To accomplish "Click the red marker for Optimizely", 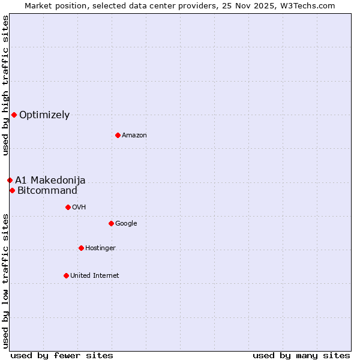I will coord(14,115).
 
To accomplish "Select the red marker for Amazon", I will coord(118,135).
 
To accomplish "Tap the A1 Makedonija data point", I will coord(10,180).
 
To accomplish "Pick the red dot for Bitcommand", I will coord(12,190).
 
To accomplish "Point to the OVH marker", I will coord(68,207).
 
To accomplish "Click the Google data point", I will coord(111,223).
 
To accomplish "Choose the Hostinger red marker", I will coord(81,248).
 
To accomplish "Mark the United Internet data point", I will coord(66,275).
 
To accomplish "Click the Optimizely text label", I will coord(44,115).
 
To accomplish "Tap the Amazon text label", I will coord(134,136).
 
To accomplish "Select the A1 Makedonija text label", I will coord(50,181).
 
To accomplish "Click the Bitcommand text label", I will coord(47,191).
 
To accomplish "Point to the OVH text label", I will coord(79,208).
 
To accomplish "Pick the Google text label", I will coord(126,224).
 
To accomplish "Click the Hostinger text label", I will coord(100,248).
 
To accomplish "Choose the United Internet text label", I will coord(95,276).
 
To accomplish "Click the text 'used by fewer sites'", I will coord(62,355).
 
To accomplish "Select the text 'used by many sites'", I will coord(301,355).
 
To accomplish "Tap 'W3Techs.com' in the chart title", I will coord(308,5).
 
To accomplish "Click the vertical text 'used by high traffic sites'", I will coord(5,85).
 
